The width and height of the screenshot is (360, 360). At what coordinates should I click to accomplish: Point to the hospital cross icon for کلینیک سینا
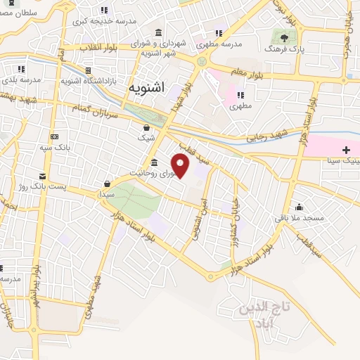tap(346, 149)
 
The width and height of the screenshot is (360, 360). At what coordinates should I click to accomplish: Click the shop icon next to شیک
tap(146, 128)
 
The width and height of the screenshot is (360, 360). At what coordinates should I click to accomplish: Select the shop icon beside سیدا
tap(107, 184)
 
